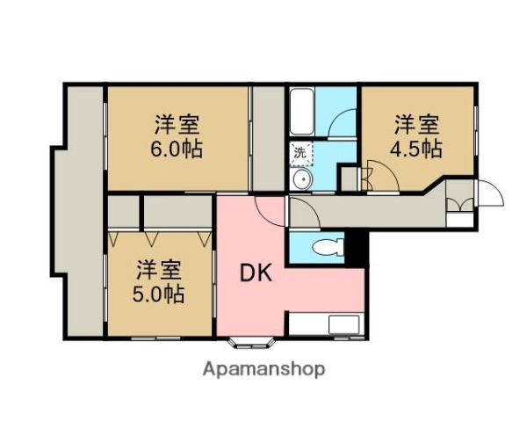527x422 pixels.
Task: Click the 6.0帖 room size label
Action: click(179, 149)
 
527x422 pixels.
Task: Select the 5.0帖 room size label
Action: click(160, 294)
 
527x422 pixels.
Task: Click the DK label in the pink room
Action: click(257, 273)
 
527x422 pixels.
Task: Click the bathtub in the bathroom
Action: click(301, 111)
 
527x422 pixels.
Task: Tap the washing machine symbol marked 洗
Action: click(300, 152)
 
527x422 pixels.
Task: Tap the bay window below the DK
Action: click(252, 342)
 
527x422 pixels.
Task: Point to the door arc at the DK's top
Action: click(269, 207)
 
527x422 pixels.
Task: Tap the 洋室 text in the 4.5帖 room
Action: click(417, 124)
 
